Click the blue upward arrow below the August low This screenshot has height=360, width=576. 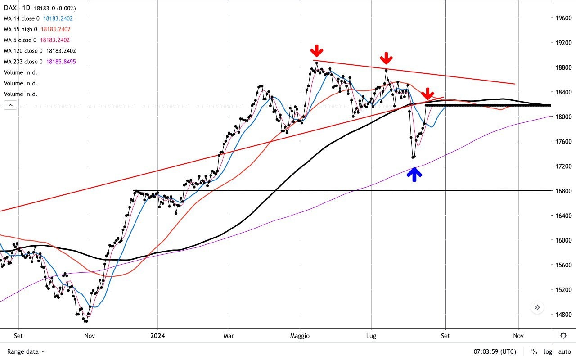(x=414, y=174)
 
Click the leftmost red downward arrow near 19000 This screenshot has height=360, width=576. (x=317, y=50)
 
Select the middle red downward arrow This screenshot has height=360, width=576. (x=386, y=58)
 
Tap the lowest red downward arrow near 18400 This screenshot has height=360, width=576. (x=427, y=94)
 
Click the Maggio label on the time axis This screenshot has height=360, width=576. (x=300, y=336)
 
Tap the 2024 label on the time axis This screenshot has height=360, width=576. (x=157, y=336)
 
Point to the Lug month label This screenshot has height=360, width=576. (x=371, y=336)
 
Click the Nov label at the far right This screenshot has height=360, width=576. (x=518, y=336)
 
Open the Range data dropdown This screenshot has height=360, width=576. (x=26, y=351)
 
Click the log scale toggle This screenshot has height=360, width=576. (x=548, y=351)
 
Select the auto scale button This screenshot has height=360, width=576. (x=564, y=351)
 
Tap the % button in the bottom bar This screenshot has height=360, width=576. (x=534, y=351)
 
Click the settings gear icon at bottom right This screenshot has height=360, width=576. (x=563, y=336)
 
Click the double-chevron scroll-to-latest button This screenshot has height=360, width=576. (x=537, y=308)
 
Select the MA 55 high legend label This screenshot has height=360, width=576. (x=21, y=29)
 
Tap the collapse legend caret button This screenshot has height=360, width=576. (x=11, y=105)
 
